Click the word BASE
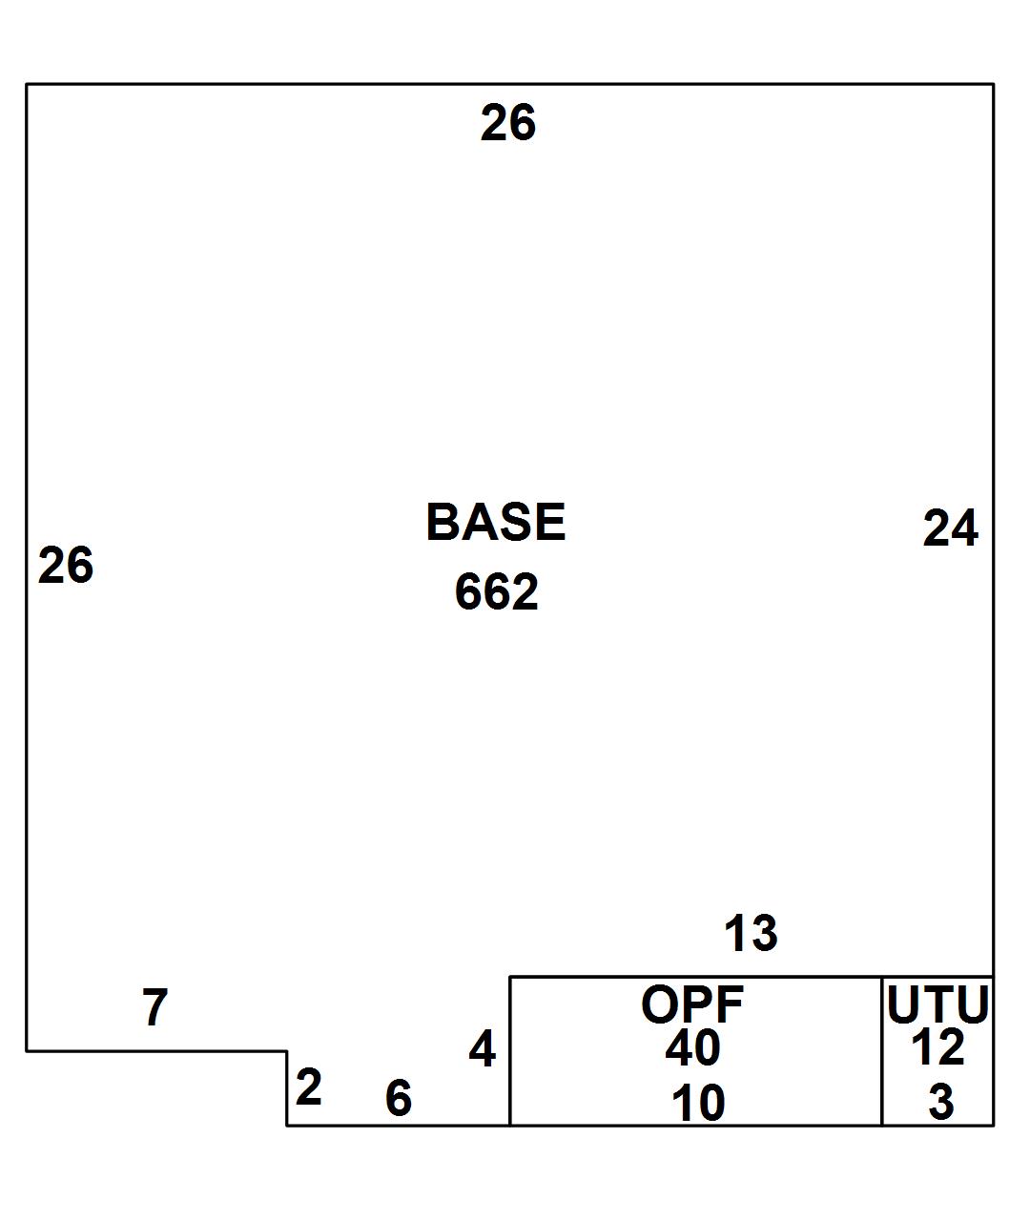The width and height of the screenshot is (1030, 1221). [x=496, y=522]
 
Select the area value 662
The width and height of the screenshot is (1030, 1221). [x=496, y=591]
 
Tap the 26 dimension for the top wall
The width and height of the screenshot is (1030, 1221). [x=508, y=122]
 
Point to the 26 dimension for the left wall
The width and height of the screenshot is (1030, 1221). [x=66, y=565]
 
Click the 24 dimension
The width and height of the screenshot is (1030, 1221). [x=951, y=528]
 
